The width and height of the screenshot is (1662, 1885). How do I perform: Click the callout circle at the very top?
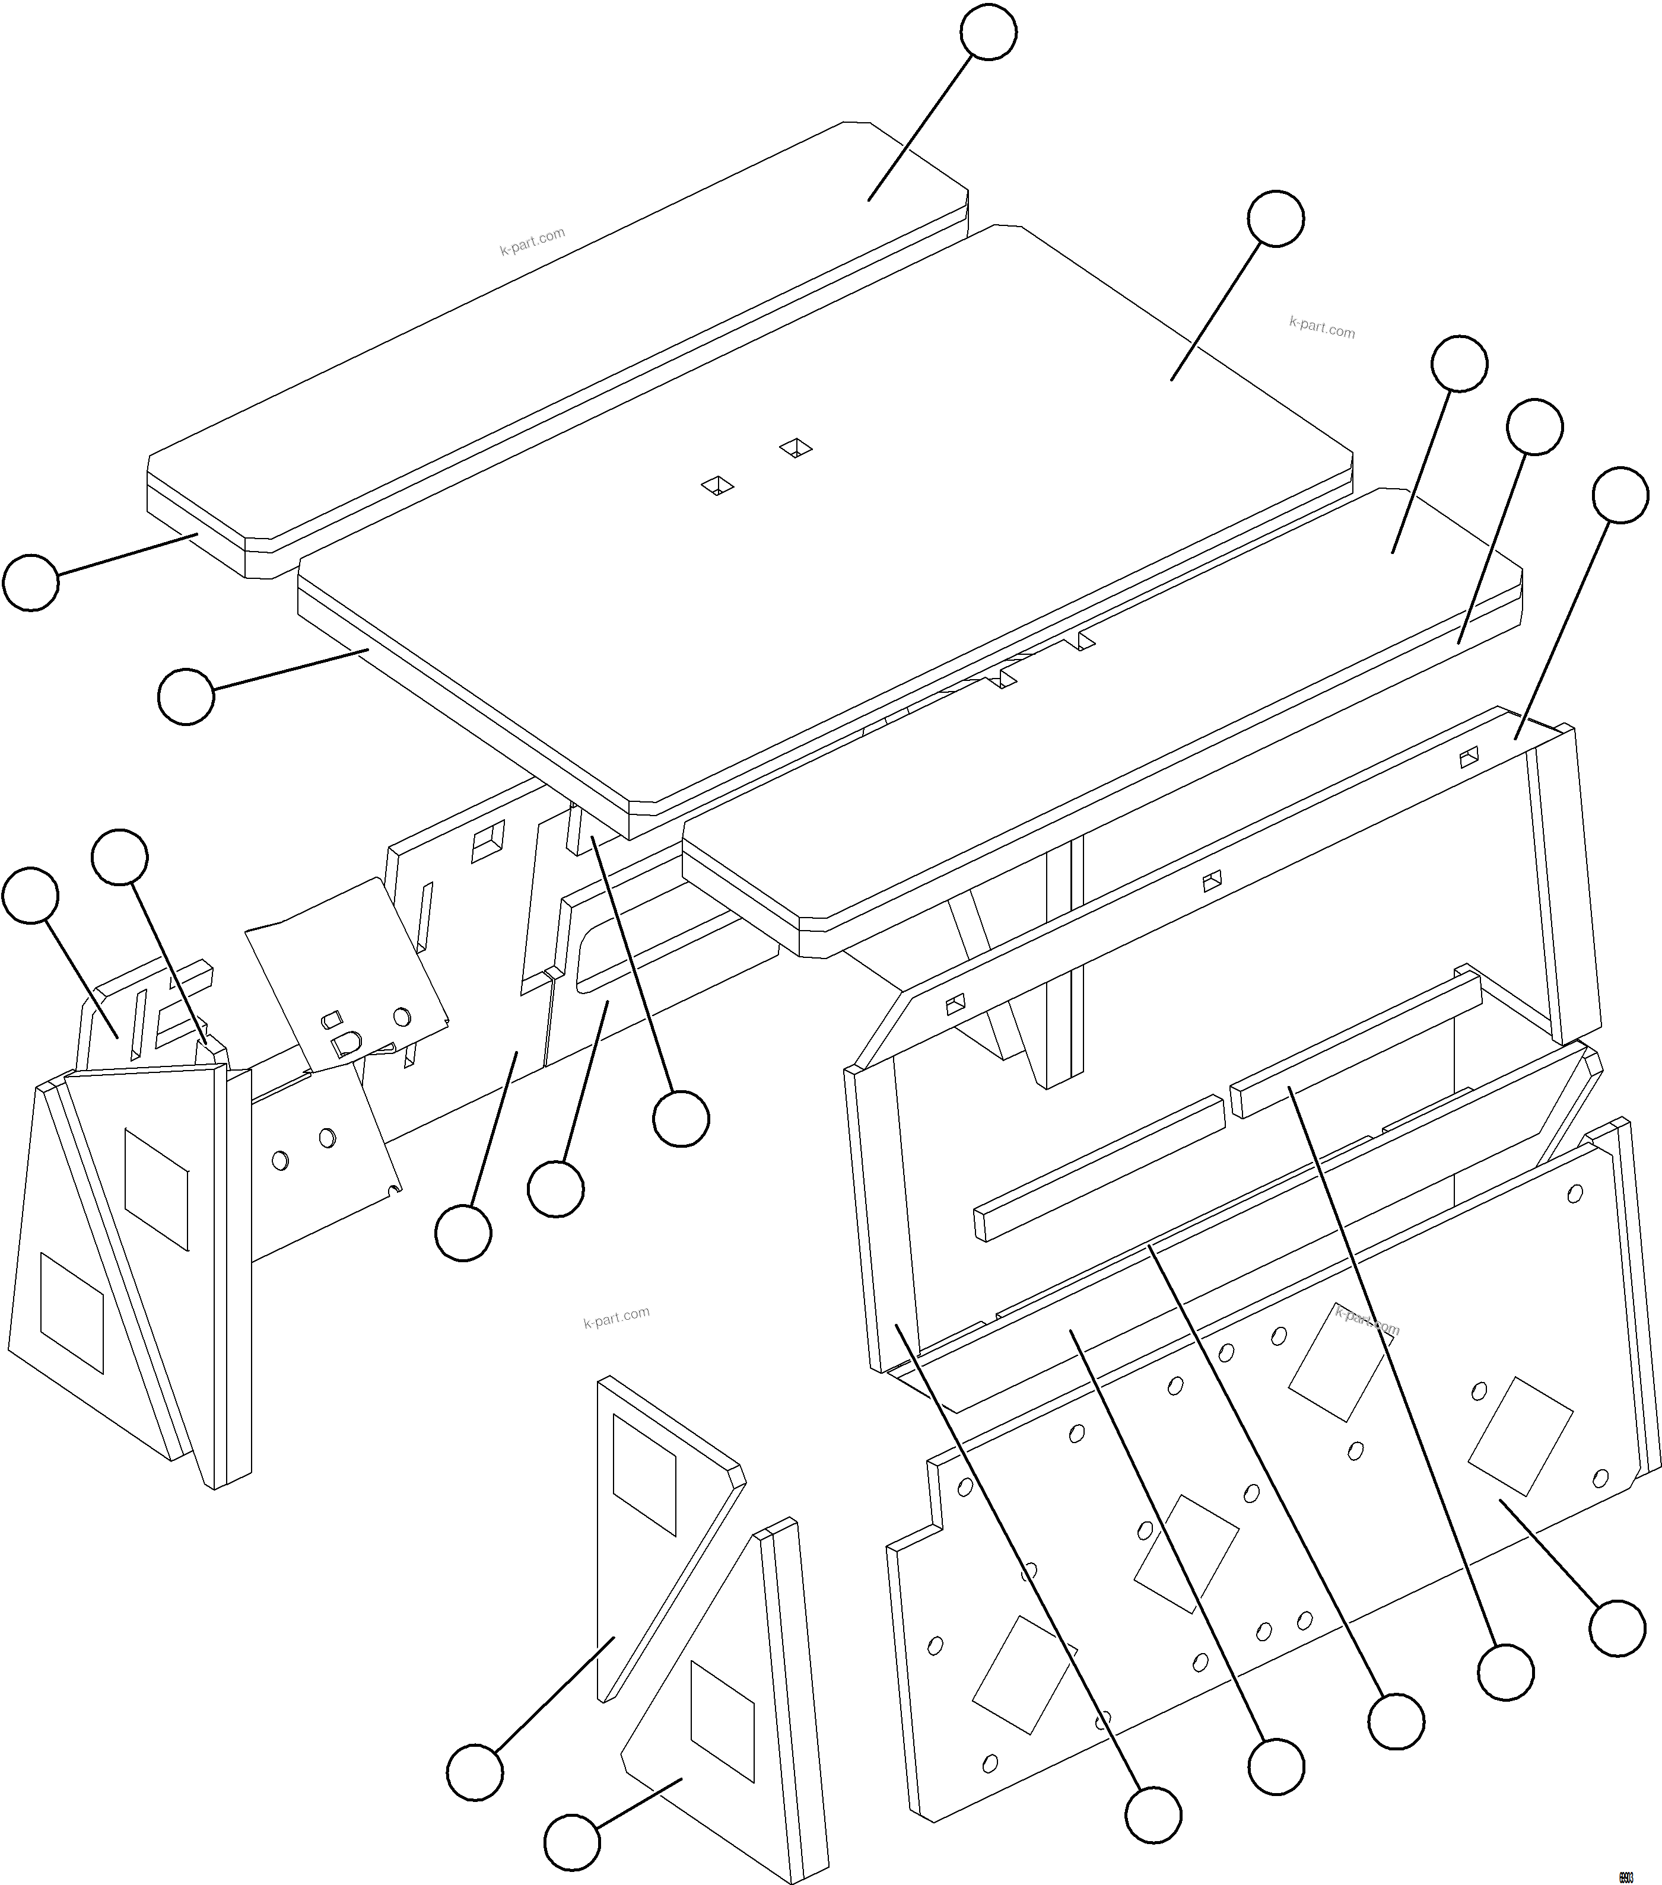(988, 32)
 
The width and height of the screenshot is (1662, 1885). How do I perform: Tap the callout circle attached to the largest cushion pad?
(1276, 218)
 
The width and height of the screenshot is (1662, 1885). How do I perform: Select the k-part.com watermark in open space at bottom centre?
(616, 1317)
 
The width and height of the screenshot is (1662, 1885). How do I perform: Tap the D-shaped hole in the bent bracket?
(346, 1043)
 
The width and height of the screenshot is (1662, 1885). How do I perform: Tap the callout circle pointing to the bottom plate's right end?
(1617, 1629)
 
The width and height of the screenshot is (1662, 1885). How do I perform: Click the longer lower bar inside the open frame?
(1098, 1167)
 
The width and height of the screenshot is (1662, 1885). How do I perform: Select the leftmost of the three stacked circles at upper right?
(1459, 364)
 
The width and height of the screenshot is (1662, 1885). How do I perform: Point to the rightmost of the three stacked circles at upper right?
(1620, 495)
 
